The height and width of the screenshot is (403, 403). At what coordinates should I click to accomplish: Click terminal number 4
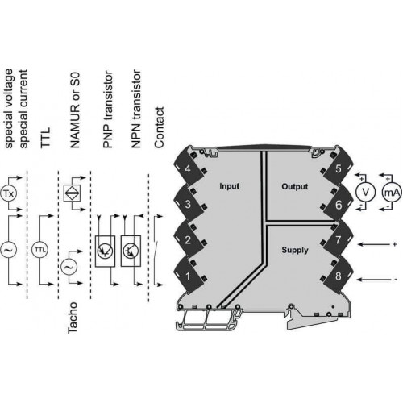click(x=188, y=169)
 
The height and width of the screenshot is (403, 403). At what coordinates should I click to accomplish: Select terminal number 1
click(x=188, y=276)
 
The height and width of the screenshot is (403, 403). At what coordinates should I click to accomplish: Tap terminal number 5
click(x=339, y=168)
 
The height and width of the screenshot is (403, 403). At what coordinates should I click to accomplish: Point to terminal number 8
click(x=339, y=276)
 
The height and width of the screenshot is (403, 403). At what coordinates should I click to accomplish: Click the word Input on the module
click(x=229, y=186)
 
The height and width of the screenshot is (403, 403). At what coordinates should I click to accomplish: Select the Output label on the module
click(x=295, y=186)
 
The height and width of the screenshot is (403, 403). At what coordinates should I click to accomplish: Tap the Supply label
click(x=295, y=250)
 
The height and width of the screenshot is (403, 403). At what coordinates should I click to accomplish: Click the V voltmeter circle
click(x=365, y=192)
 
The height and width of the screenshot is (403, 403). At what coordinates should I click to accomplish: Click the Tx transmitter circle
click(x=8, y=193)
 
